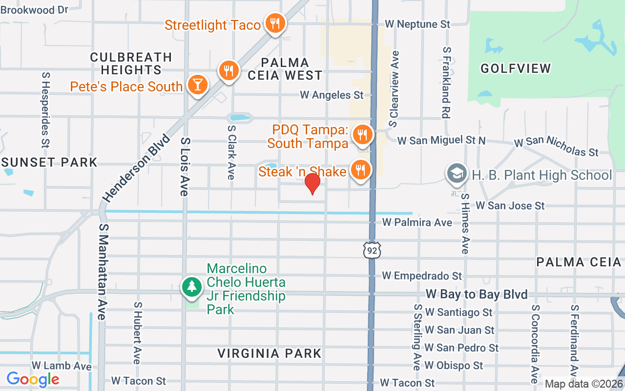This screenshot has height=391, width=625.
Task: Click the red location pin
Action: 312,184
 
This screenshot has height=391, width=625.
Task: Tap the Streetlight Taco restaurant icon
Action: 275,23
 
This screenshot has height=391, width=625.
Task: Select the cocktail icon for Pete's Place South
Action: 197,85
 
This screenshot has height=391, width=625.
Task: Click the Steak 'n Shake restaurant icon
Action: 360,170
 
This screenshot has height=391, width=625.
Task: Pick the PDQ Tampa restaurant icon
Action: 362,134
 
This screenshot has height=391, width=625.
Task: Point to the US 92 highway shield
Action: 372,250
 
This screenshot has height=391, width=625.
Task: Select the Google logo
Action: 33,379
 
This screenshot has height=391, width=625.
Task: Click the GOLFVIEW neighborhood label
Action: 516,68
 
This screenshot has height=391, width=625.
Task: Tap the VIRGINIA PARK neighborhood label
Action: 270,353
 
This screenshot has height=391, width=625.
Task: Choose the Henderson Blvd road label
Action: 136,168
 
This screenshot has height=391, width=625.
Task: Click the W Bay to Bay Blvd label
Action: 477,294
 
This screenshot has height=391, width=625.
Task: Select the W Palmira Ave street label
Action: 417,222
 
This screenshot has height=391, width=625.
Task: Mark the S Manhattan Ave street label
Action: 102,272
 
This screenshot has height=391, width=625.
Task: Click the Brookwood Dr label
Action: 34,9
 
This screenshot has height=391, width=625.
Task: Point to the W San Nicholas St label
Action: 556,146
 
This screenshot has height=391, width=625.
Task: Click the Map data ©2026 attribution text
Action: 583,384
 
